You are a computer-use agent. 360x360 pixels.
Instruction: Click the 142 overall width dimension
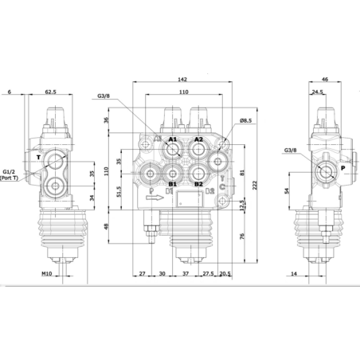pos(183,80)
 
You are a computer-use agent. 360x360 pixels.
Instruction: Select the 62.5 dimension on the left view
pos(49,92)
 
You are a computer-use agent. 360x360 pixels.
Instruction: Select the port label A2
pos(198,139)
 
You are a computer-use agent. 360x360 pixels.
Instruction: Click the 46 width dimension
pos(325,80)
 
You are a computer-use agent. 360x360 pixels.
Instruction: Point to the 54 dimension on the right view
pos(285,191)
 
